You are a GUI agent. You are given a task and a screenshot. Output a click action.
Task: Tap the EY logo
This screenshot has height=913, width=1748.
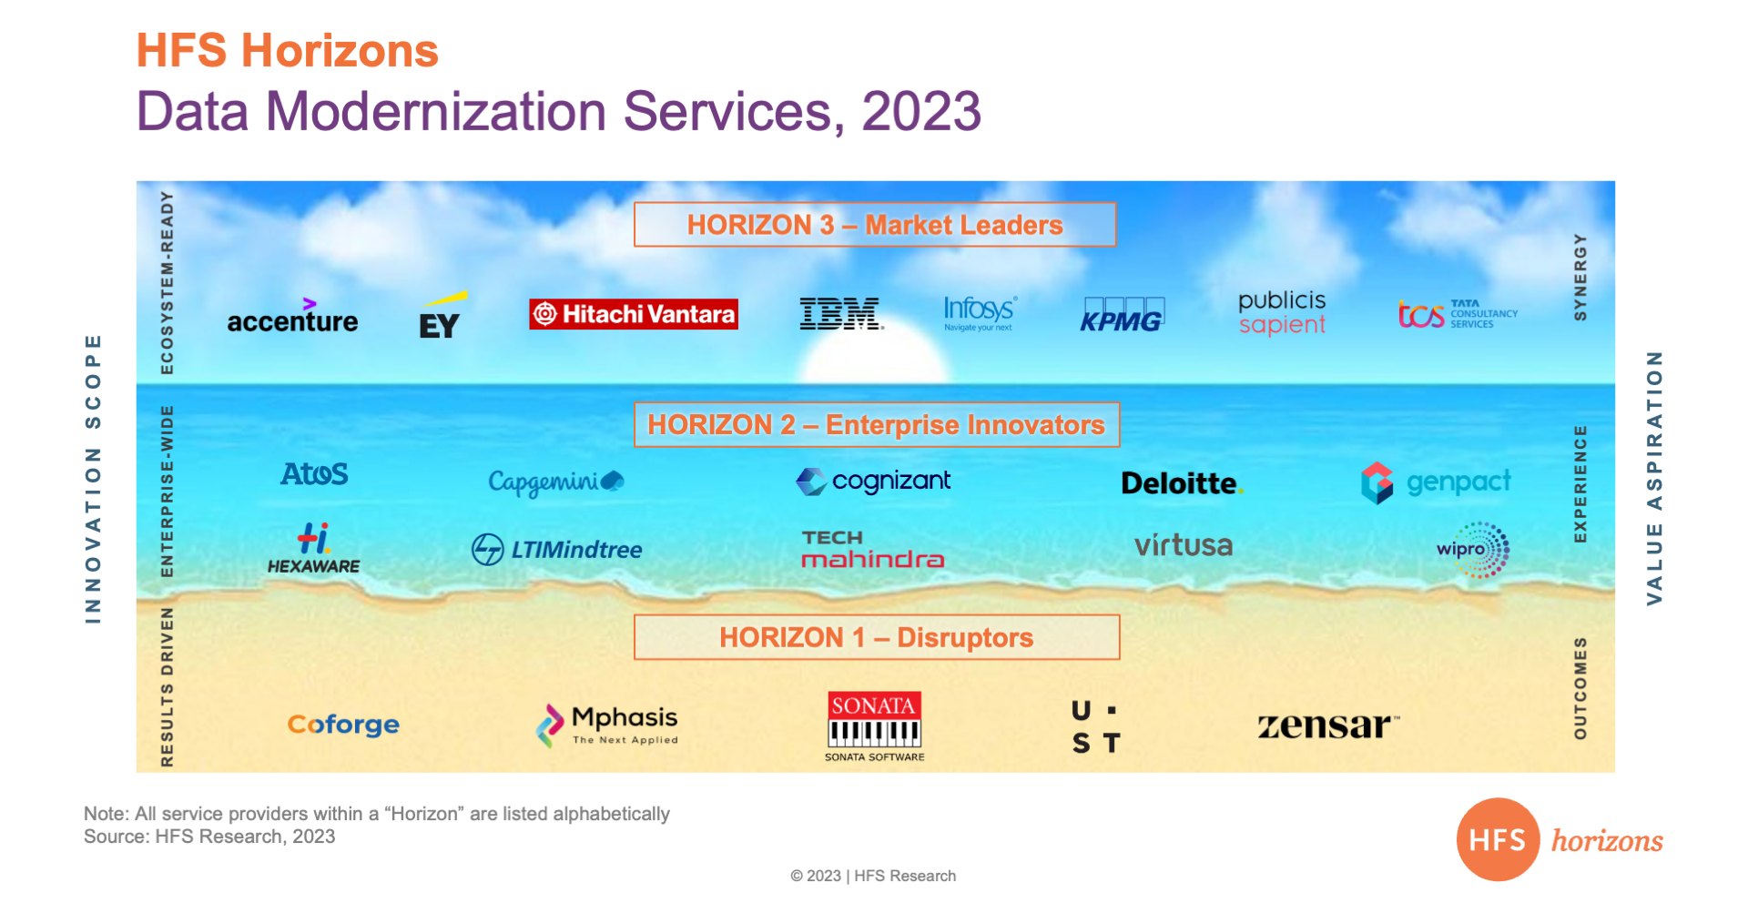(x=442, y=315)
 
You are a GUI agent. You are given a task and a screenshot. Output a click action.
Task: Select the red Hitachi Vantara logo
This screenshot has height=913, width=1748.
(x=634, y=314)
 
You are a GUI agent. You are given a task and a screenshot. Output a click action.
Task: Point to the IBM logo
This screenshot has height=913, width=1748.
(x=841, y=314)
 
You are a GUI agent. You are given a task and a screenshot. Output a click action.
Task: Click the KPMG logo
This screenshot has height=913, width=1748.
(x=1122, y=315)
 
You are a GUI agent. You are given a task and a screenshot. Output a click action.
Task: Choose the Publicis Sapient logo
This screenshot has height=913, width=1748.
(x=1282, y=313)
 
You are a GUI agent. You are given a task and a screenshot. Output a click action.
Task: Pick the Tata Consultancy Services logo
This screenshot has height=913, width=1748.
(x=1458, y=314)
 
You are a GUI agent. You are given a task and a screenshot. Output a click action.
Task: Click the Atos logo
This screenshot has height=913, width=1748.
(x=314, y=474)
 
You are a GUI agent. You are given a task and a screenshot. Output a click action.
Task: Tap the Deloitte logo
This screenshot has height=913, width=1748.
(x=1182, y=483)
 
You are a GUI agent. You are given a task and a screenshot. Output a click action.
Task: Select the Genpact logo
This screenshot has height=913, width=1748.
(x=1436, y=482)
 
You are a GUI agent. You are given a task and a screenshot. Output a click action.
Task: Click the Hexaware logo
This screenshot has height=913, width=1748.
(x=313, y=548)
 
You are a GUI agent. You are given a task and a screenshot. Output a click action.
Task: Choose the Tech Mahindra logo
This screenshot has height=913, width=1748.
(x=872, y=550)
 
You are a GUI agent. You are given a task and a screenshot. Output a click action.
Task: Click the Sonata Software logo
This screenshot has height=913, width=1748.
(x=874, y=726)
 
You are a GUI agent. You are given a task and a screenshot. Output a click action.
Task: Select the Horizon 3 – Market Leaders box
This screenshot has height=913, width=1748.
(x=875, y=225)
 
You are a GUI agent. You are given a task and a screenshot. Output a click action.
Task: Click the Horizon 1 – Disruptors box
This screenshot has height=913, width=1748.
(x=877, y=637)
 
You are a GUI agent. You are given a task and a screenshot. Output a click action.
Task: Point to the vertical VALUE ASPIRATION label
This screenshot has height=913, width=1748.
(x=1654, y=479)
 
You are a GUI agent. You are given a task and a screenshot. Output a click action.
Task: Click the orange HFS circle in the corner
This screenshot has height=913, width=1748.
(x=1498, y=839)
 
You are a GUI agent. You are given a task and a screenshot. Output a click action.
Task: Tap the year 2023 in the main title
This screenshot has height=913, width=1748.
(x=921, y=111)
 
